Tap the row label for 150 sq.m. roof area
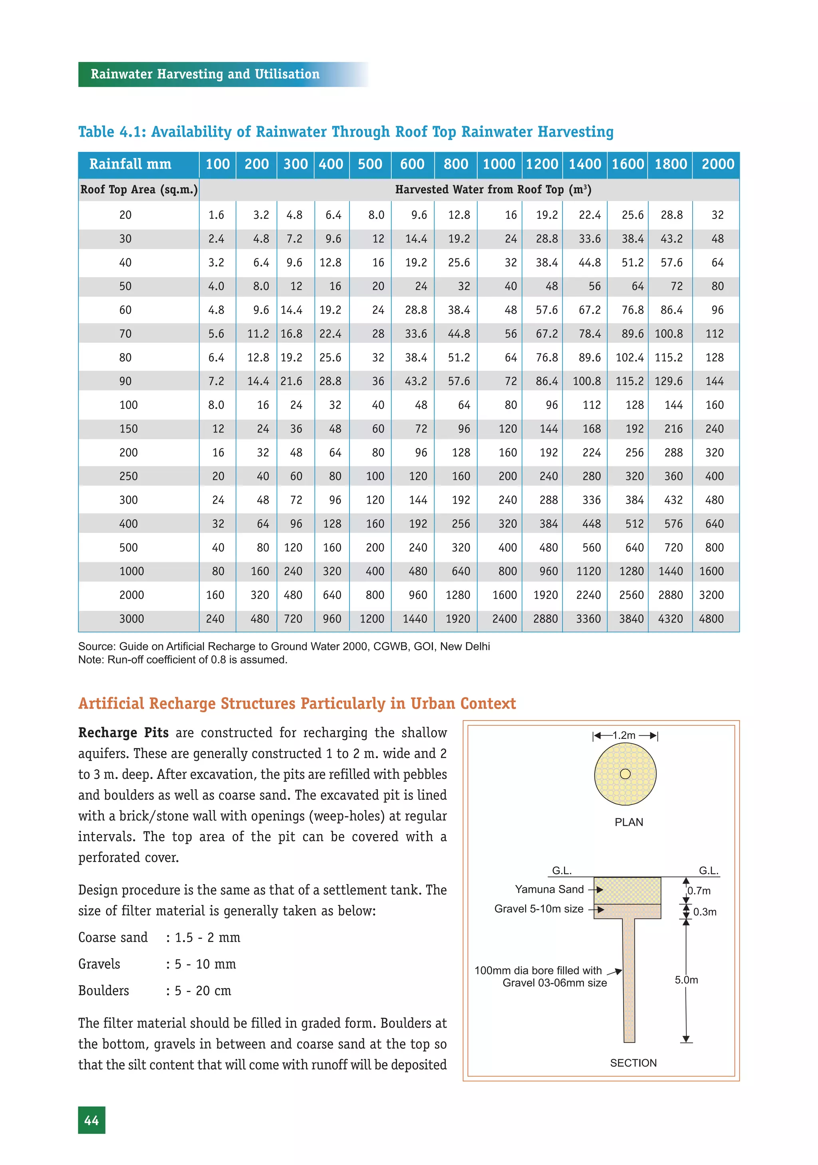coord(128,429)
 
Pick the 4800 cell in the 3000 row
coord(711,619)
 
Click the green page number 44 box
coord(91,1120)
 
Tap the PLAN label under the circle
coord(628,822)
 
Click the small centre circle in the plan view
coord(625,774)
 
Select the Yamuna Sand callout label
coord(549,889)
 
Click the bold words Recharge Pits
coord(123,733)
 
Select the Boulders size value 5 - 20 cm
coord(203,991)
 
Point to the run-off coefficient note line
coord(183,660)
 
